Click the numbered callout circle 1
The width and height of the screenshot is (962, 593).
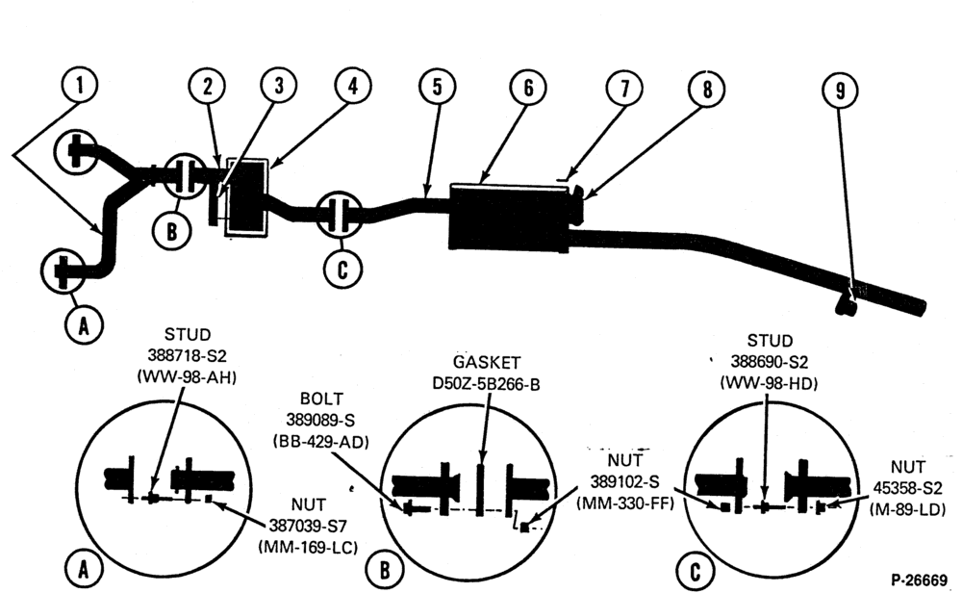point(80,86)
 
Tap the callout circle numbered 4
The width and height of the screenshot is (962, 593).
point(353,86)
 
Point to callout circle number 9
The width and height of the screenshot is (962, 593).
point(840,90)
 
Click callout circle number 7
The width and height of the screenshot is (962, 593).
point(624,89)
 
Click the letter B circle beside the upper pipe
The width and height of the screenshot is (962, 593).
point(172,231)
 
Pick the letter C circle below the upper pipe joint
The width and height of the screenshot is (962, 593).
point(342,269)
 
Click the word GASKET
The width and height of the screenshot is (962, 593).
point(487,362)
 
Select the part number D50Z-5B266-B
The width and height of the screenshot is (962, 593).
point(487,384)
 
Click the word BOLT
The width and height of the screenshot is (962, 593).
point(321,399)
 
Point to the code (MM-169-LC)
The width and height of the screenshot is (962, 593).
point(308,547)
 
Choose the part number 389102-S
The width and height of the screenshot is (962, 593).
point(624,481)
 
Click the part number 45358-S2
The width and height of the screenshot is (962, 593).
point(908,488)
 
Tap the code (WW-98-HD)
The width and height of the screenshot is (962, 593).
point(770,384)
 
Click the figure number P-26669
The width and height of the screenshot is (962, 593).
point(919,580)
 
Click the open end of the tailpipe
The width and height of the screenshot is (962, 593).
point(921,306)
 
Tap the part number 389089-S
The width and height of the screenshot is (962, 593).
point(320,420)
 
